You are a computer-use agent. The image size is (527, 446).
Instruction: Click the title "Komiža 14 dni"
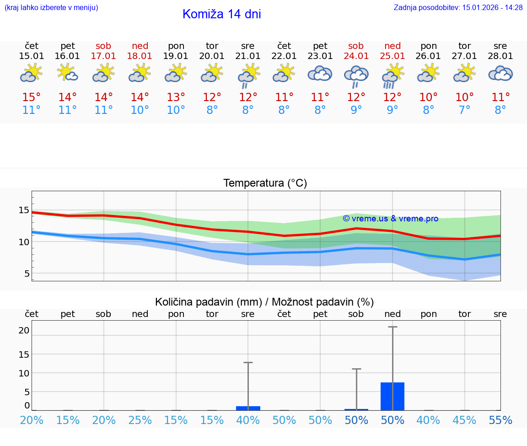pos(221,14)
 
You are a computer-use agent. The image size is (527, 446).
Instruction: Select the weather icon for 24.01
pos(356,76)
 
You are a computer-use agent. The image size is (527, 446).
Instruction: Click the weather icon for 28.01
pos(500,74)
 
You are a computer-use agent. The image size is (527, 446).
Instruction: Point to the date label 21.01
pos(248,56)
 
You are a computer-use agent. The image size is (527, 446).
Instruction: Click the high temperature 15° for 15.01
pos(32,97)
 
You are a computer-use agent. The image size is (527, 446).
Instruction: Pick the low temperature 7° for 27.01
pos(464,110)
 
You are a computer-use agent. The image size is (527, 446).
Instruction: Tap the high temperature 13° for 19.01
pos(176,97)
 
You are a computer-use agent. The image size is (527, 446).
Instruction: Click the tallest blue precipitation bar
pos(393,396)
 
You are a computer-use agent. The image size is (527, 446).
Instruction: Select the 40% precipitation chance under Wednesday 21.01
pos(248,420)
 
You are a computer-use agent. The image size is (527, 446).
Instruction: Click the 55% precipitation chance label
pos(500,420)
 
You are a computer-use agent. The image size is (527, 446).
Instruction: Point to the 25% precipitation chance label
pos(140,420)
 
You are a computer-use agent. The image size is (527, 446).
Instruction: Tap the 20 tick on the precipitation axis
pos(24,330)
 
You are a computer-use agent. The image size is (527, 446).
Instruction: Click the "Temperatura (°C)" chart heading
pos(265,183)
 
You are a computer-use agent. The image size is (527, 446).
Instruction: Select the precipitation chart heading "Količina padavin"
pos(264,302)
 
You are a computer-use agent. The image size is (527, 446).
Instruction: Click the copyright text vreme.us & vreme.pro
pos(390,219)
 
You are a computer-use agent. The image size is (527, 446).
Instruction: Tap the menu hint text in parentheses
pos(51,7)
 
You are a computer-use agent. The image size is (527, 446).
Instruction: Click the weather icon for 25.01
pos(392,76)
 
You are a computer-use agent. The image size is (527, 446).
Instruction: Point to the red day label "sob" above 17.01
pos(104,46)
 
